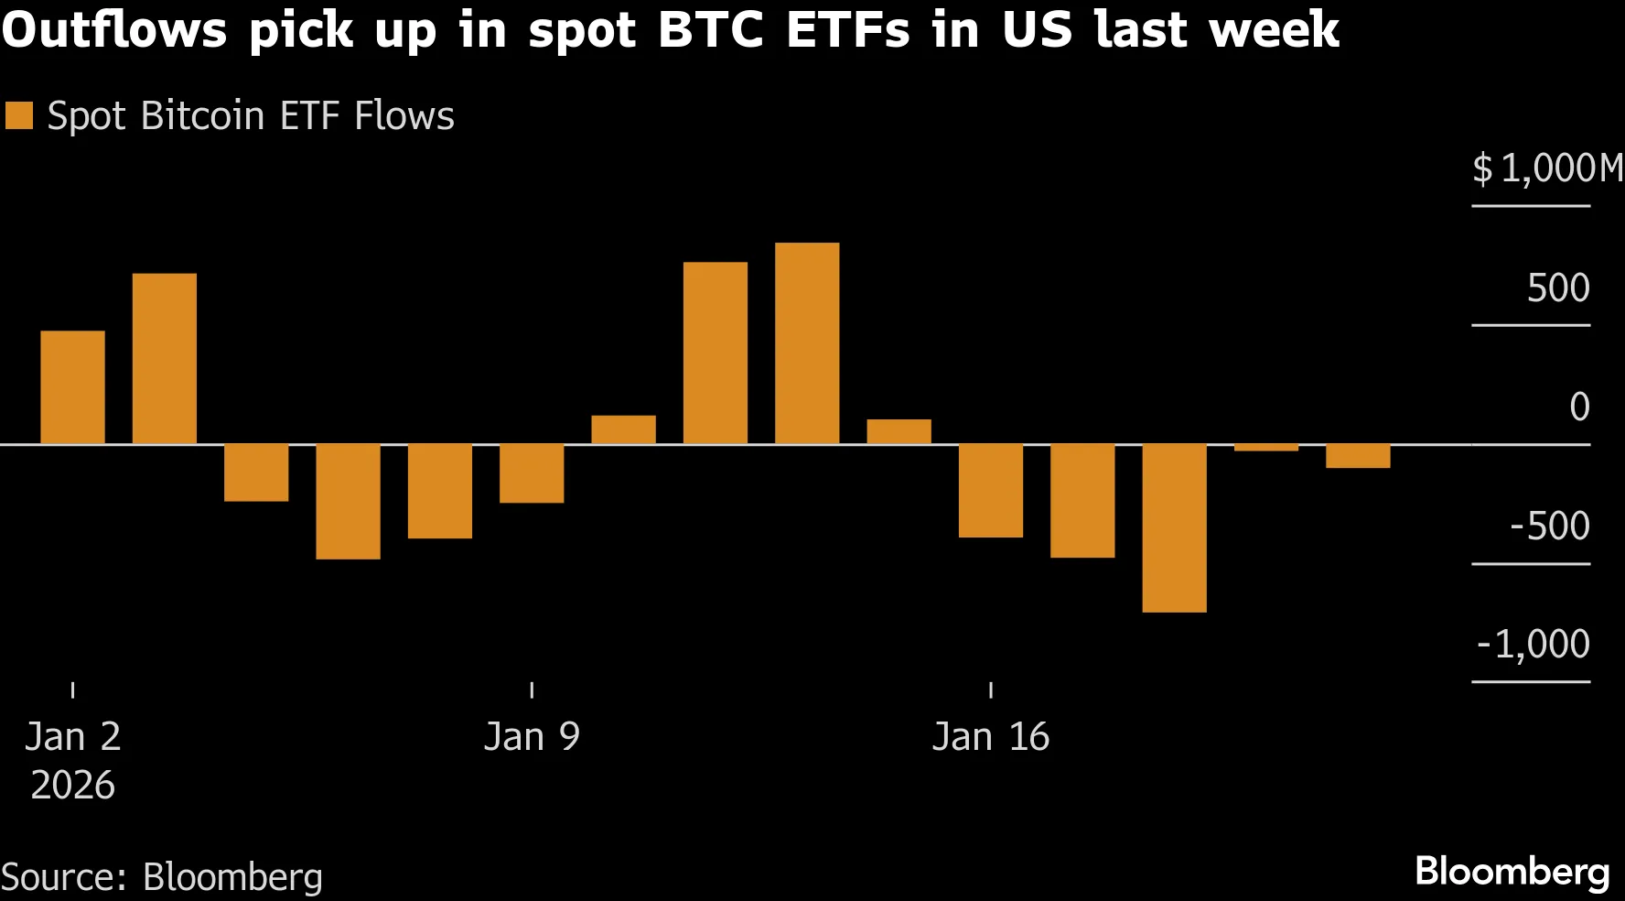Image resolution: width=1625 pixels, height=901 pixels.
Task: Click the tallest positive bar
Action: tap(807, 343)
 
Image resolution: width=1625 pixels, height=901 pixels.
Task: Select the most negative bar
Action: tap(1174, 527)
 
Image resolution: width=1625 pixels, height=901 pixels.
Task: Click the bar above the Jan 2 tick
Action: tap(73, 387)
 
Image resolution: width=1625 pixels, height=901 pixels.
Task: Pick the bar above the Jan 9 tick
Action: tap(532, 473)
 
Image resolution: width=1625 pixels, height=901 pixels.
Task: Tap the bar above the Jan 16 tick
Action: tap(991, 490)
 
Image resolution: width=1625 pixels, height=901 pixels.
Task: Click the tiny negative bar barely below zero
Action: tap(1266, 448)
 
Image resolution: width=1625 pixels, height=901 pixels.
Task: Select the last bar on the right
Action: tap(1358, 456)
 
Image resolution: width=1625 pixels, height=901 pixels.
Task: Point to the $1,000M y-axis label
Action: tap(1546, 168)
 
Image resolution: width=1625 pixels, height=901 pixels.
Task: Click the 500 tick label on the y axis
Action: tap(1558, 288)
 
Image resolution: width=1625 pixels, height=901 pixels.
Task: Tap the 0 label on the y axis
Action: tap(1579, 407)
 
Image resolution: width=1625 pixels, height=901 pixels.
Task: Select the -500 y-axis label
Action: tap(1549, 526)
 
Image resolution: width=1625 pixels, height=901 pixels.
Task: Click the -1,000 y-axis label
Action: tap(1534, 645)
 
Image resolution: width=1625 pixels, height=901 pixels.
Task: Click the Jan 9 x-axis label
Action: tap(532, 737)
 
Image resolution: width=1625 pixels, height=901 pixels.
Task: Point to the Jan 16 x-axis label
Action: tap(991, 737)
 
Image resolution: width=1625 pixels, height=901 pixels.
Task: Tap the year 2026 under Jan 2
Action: tap(73, 786)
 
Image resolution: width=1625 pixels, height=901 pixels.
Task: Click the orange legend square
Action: tap(19, 116)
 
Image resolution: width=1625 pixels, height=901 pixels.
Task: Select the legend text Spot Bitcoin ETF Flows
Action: tap(251, 116)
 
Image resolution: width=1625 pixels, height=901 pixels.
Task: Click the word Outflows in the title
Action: tap(114, 29)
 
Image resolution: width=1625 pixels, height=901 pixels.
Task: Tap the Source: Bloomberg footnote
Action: tap(162, 877)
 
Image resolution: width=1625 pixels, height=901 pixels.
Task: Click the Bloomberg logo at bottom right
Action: tap(1512, 871)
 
